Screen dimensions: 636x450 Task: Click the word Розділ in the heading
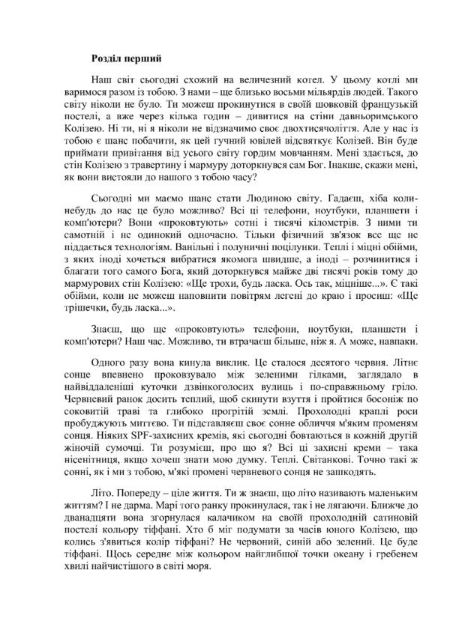(x=108, y=57)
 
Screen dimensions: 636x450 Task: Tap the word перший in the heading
(x=144, y=57)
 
